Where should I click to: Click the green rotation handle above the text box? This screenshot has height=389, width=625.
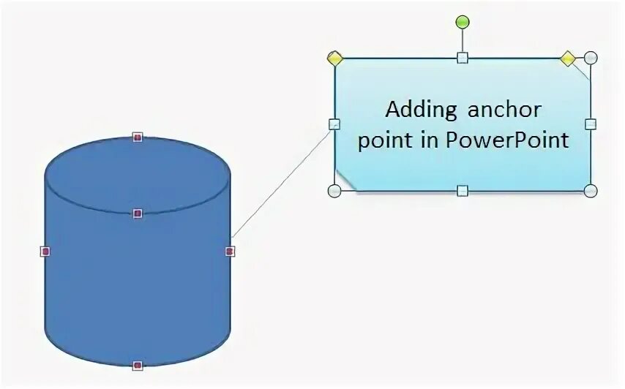click(x=462, y=22)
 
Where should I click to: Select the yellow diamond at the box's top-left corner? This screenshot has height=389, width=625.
click(x=335, y=58)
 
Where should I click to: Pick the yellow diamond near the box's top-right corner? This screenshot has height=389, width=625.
click(x=568, y=58)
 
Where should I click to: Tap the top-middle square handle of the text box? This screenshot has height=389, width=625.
click(x=462, y=58)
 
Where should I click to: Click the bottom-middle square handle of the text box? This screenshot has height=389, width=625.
click(x=462, y=191)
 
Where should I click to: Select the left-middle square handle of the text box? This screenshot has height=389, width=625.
click(x=334, y=124)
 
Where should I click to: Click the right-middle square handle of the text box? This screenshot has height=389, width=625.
click(x=591, y=124)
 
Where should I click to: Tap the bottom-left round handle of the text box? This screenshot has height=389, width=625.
click(x=334, y=191)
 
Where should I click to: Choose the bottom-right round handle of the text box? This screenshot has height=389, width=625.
click(x=591, y=191)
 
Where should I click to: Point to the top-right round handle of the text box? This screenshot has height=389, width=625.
click(x=591, y=58)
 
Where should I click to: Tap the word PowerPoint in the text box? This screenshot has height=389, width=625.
click(x=506, y=140)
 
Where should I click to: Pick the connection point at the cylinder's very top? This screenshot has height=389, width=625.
click(x=137, y=137)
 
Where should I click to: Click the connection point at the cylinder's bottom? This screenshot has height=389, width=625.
click(x=137, y=365)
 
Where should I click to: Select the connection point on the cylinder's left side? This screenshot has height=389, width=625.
click(x=45, y=252)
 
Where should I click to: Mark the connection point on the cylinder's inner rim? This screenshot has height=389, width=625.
click(x=137, y=214)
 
